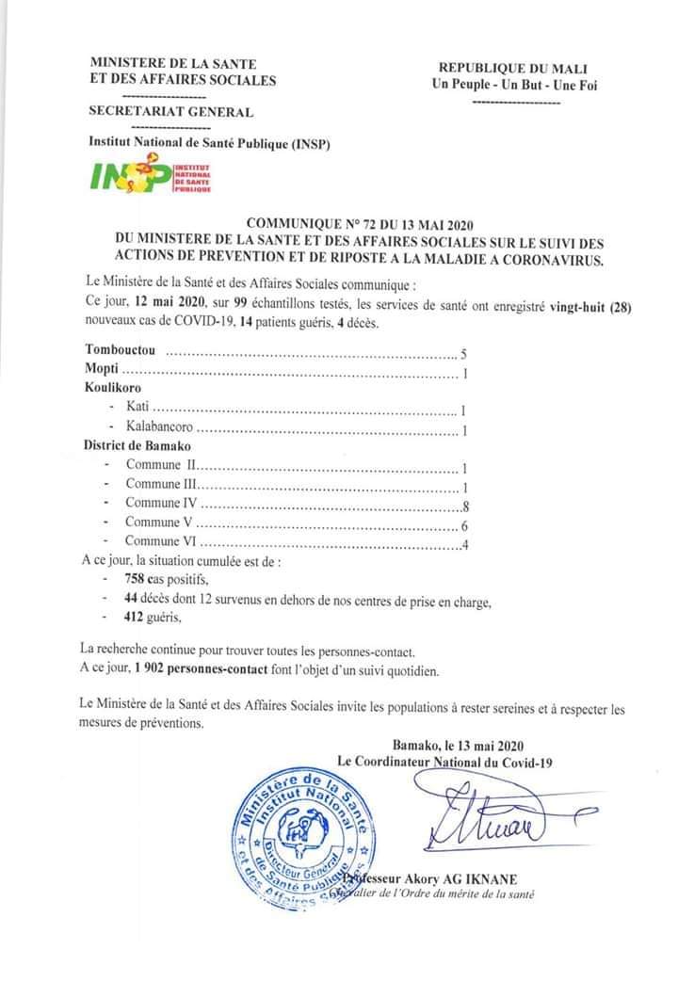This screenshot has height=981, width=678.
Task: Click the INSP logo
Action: (x=150, y=175)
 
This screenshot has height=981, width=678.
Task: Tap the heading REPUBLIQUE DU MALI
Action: (x=513, y=68)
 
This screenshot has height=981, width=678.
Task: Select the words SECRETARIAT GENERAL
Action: (x=170, y=112)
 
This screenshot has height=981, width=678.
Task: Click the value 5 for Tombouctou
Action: (x=463, y=355)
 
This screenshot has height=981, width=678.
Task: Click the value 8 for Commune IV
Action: (x=465, y=507)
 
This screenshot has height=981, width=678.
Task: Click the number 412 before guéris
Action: (x=137, y=618)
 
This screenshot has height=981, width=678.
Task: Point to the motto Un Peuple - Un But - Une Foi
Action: (x=513, y=85)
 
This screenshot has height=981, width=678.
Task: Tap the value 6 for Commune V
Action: (x=465, y=524)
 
